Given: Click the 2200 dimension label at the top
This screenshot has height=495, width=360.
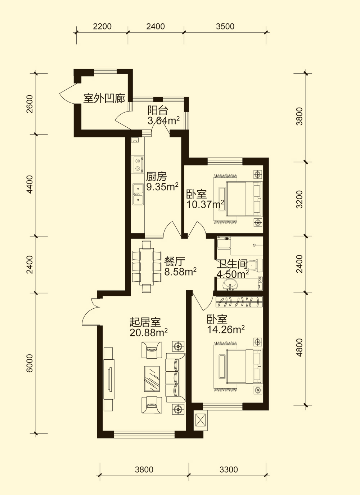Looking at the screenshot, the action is tap(102, 27).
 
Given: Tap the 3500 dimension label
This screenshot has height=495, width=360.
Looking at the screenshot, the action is tap(225, 27).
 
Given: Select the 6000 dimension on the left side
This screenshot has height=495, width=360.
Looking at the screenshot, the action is tap(30, 363).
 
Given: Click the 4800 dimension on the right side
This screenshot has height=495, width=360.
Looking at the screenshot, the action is tap(299, 348).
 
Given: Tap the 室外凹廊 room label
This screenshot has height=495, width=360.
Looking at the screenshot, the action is tap(104, 98).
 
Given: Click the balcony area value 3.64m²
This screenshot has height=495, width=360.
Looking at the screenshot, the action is tap(163, 121).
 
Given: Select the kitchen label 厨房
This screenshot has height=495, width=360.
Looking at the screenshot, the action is tap(156, 177).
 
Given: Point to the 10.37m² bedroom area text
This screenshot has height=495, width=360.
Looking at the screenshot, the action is tap(206, 204).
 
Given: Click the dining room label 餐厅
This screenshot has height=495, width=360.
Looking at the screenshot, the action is tap(175, 262).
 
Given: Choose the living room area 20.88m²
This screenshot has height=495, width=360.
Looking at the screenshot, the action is tap(149, 332).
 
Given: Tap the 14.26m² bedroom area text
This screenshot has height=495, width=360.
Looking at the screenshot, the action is tap(226, 330).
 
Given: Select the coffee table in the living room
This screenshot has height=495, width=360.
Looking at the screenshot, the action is tap(152, 378).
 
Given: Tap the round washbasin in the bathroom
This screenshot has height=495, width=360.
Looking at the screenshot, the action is tap(230, 284).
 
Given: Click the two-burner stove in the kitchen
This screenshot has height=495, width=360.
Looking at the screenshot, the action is tap(138, 164).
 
